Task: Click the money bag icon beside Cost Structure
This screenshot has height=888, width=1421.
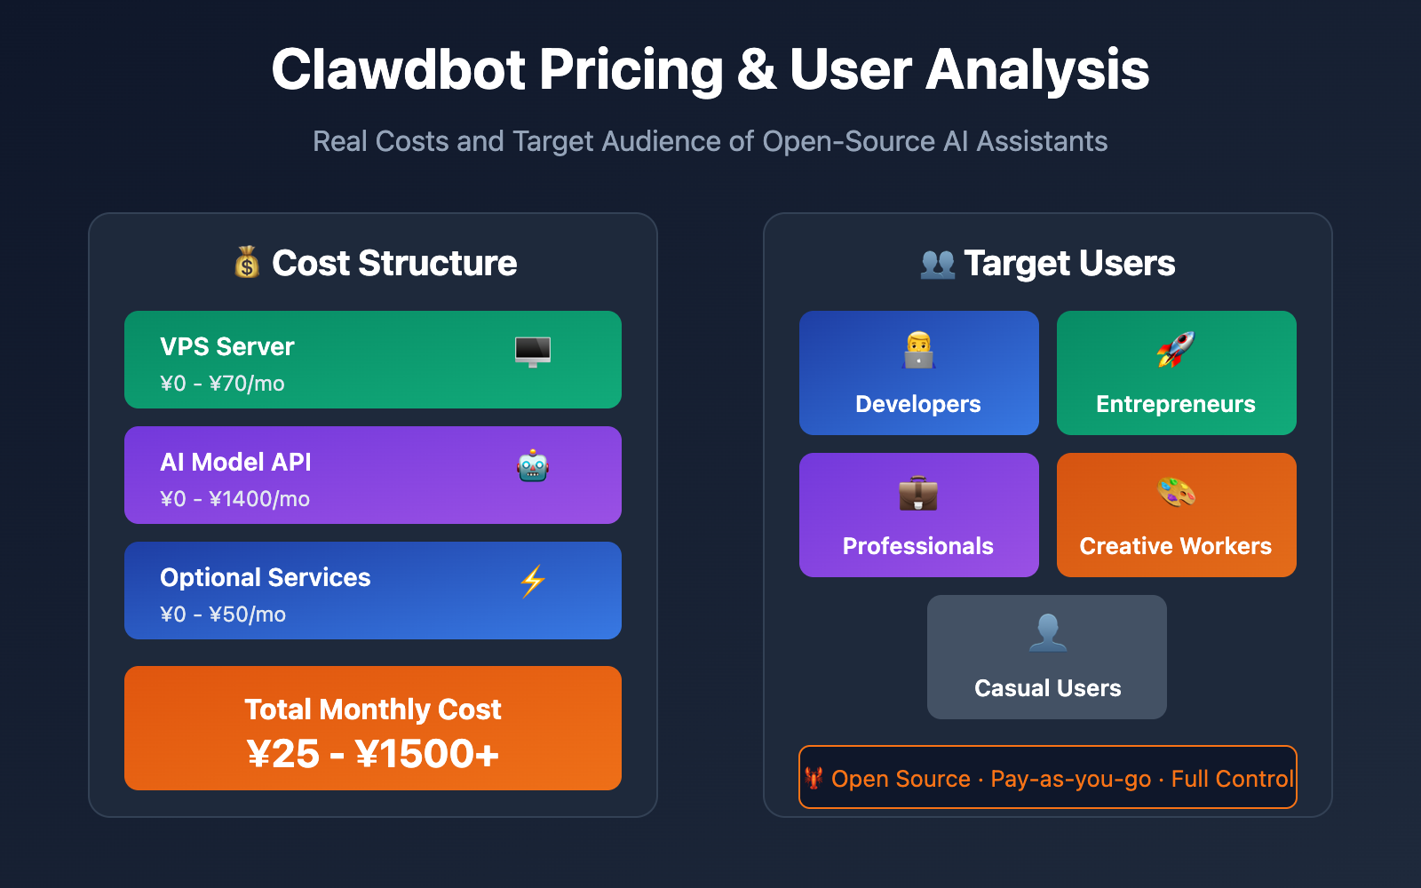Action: [247, 263]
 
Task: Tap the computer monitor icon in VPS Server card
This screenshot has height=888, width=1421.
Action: [533, 352]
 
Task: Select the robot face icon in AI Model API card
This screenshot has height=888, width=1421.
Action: [533, 466]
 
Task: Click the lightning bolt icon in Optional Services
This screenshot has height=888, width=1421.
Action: [533, 582]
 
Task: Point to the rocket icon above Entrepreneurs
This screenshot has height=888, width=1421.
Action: [1176, 350]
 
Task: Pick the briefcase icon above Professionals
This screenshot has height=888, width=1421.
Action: [918, 493]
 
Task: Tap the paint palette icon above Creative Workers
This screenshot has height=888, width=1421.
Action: [1176, 492]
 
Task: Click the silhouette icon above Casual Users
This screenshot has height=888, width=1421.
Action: [1047, 633]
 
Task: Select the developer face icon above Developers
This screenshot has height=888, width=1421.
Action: [918, 351]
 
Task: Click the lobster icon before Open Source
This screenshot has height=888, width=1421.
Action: [814, 779]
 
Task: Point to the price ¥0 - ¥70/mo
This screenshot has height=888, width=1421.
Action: [222, 384]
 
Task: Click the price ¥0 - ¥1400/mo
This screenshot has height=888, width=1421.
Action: [234, 499]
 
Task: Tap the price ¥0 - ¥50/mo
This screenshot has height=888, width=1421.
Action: [223, 614]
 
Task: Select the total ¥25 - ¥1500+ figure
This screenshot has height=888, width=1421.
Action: [373, 755]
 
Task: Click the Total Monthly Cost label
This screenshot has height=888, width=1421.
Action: [373, 710]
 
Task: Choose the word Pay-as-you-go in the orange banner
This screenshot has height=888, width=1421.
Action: [1070, 779]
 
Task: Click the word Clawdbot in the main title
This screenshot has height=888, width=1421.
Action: [399, 70]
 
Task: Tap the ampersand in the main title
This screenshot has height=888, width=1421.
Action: [756, 70]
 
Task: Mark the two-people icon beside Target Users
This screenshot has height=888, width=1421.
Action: [938, 264]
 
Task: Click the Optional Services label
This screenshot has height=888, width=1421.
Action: [266, 577]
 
